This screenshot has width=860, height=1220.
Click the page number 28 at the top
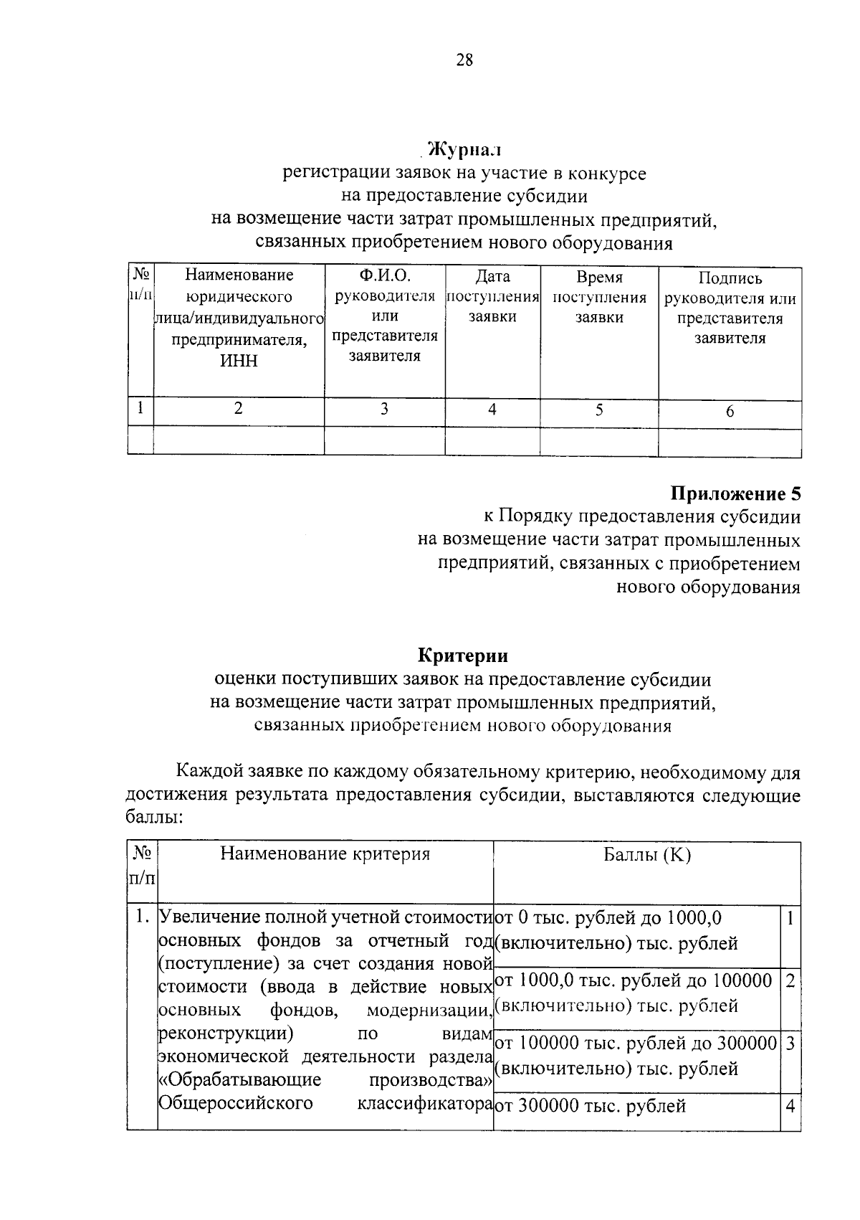point(464,60)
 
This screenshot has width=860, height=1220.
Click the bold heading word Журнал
point(463,150)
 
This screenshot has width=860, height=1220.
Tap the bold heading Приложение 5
point(735,493)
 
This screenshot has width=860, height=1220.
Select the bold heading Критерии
point(463,656)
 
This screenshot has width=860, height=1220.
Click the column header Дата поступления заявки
point(492,297)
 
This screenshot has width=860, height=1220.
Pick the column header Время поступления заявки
point(599,297)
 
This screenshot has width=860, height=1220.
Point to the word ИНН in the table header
point(239,361)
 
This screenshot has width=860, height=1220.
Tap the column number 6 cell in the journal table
point(730,411)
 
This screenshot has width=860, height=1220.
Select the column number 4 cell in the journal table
point(492,410)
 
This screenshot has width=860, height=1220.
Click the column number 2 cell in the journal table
point(239,408)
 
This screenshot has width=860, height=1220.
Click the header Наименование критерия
point(325,853)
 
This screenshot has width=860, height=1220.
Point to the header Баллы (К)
point(646,855)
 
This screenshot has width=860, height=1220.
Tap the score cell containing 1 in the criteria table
point(790,919)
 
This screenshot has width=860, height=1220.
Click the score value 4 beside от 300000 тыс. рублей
point(790,1106)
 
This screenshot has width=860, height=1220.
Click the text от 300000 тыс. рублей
point(591,1106)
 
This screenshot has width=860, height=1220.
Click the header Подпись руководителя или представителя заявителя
point(730,308)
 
